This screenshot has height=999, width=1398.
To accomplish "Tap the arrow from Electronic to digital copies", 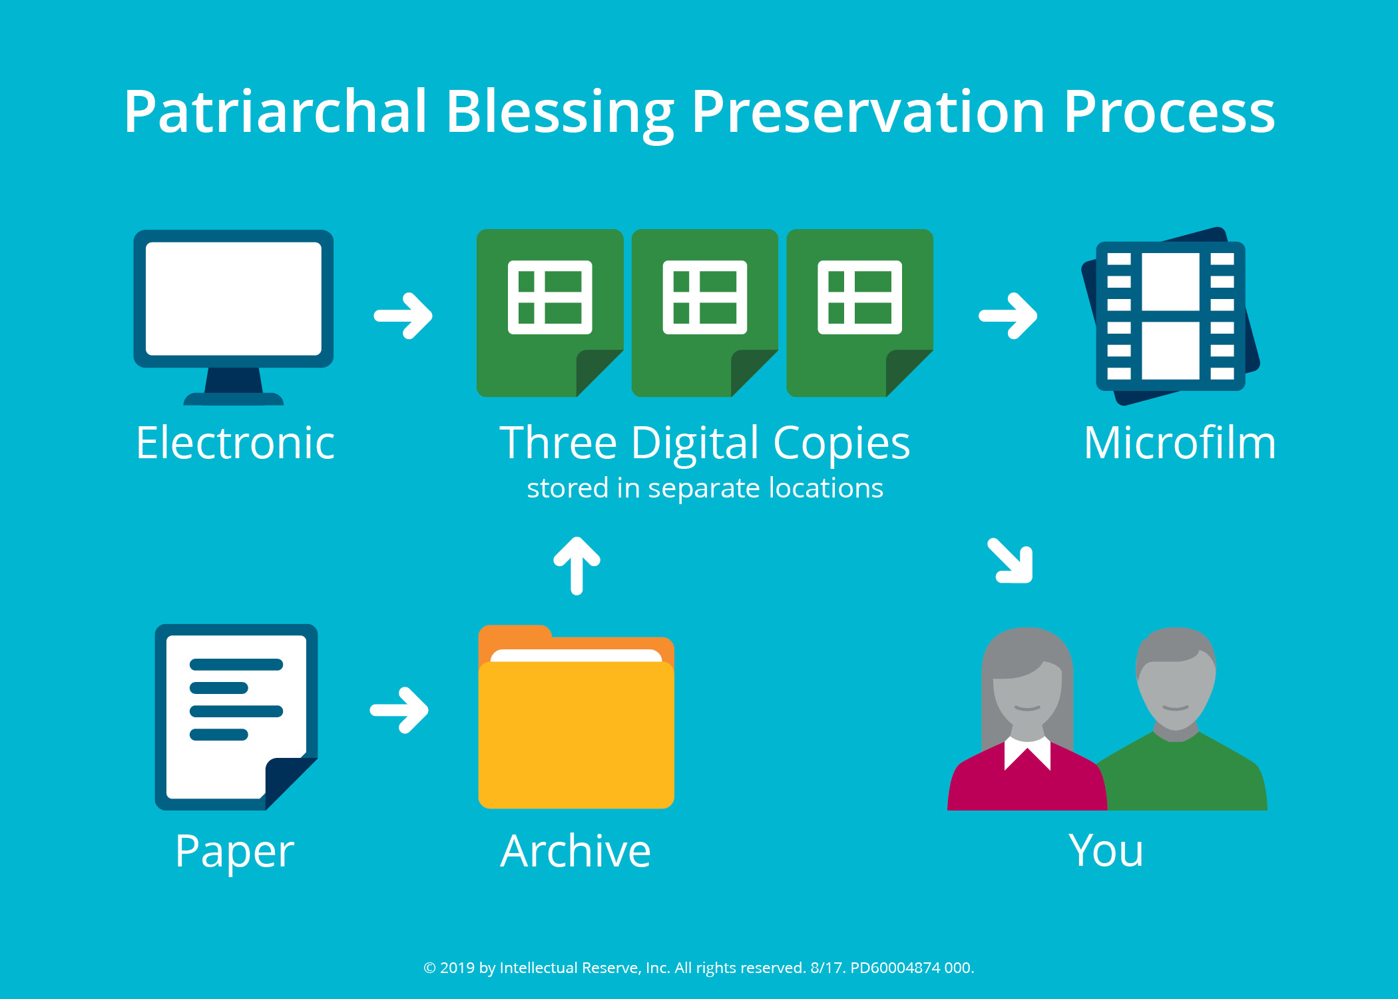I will click(403, 316).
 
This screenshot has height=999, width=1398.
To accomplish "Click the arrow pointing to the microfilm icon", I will click(1008, 316).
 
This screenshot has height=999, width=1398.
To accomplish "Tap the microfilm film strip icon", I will click(1170, 316).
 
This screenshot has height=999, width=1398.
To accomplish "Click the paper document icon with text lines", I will click(236, 716).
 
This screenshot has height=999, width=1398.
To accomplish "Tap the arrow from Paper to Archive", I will click(399, 710).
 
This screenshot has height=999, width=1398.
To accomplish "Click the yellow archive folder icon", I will click(576, 723).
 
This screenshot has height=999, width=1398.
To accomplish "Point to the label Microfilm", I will click(1180, 443).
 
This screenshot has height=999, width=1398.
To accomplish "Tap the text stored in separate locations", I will click(704, 488).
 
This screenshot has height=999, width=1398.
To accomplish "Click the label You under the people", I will click(1106, 851).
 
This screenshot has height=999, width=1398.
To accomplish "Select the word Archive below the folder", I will click(575, 851).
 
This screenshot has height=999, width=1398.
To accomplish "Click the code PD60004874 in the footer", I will click(895, 968).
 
